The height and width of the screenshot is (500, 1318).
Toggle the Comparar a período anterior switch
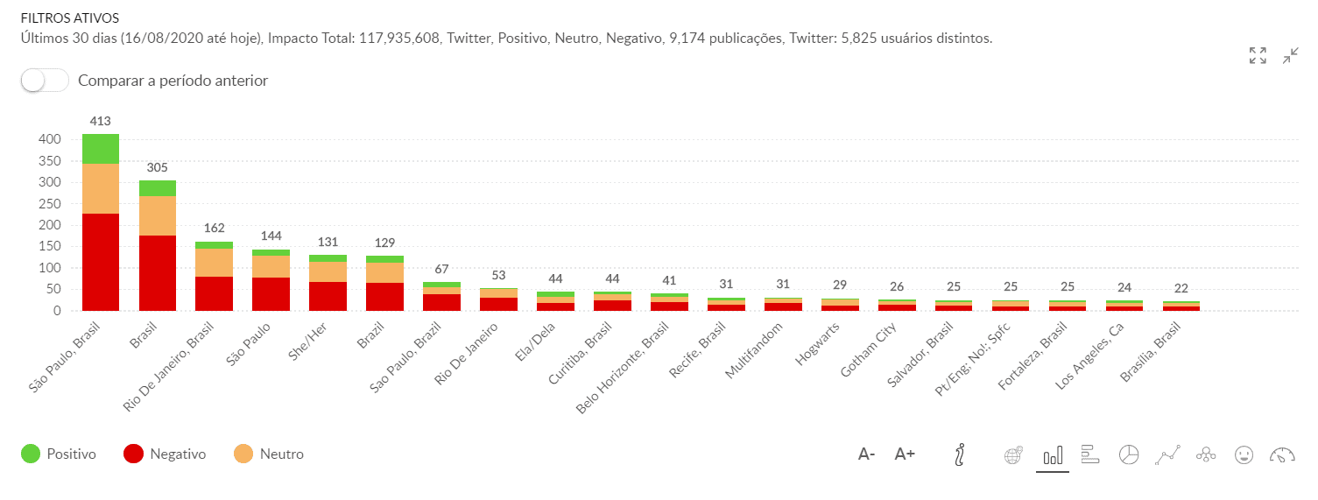(45, 81)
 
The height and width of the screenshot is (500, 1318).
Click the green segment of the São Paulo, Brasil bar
(101, 149)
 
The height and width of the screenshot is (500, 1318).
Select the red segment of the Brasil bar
(158, 272)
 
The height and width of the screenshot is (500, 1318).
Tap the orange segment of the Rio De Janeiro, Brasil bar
(214, 263)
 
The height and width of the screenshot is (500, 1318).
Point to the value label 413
(100, 121)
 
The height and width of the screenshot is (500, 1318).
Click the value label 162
(214, 228)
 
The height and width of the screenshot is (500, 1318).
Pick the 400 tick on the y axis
(49, 139)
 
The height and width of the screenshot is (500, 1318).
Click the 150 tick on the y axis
(49, 247)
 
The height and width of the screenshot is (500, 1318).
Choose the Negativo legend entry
(164, 454)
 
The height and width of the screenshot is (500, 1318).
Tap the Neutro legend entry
(269, 454)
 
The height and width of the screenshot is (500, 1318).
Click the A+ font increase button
(905, 454)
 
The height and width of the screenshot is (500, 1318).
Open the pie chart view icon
(1130, 454)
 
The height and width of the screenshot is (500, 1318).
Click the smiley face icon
(1244, 454)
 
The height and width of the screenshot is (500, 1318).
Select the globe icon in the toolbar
(1013, 454)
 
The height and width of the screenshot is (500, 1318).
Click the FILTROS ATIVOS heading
(70, 18)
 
